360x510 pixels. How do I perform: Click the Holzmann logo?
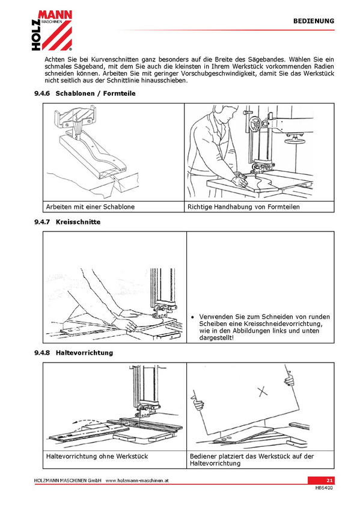click(52, 30)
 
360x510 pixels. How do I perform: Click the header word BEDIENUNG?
click(314, 21)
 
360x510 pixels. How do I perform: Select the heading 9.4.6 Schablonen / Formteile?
click(85, 93)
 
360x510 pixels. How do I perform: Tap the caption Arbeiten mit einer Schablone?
click(90, 207)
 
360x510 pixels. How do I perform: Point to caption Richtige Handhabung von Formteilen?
click(243, 207)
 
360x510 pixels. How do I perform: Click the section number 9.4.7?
click(42, 222)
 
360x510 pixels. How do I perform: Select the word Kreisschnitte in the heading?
click(78, 222)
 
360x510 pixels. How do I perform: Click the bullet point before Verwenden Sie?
click(193, 317)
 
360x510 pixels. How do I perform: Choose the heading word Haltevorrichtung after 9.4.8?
click(85, 353)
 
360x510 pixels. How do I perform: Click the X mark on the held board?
click(263, 392)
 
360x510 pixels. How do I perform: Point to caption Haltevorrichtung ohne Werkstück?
click(97, 456)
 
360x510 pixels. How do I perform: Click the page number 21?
click(329, 481)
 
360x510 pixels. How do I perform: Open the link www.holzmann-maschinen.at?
click(137, 481)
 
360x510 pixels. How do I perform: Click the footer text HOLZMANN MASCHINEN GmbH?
click(67, 481)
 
